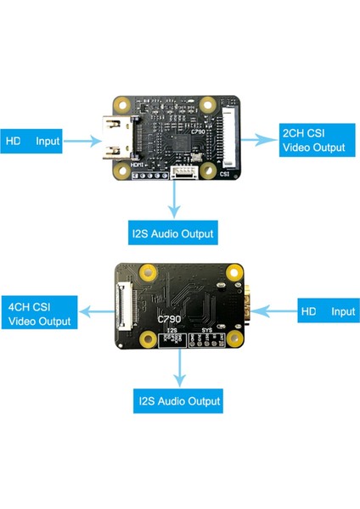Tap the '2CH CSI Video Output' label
pos(314,141)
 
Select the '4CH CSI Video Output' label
pos(39,313)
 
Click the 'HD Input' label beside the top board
pos(34,141)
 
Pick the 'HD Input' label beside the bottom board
pos(328,311)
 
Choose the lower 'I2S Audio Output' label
pos(178,400)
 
